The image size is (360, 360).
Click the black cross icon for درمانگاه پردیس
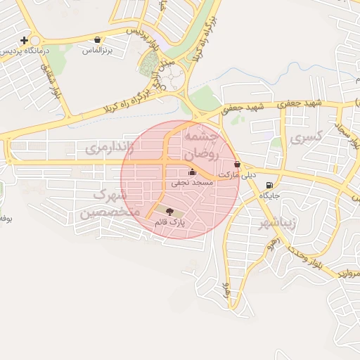pos(25,40)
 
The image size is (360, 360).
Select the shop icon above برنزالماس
pos(97,40)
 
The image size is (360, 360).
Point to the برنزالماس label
pos(97,51)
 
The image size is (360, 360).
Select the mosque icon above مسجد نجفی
pos(193,172)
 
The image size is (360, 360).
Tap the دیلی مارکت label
pos(238,174)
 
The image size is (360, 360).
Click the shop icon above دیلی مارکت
pos(237,164)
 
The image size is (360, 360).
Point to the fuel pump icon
pos(270,186)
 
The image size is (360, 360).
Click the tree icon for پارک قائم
pos(169,211)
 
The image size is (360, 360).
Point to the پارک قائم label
pos(169,222)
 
